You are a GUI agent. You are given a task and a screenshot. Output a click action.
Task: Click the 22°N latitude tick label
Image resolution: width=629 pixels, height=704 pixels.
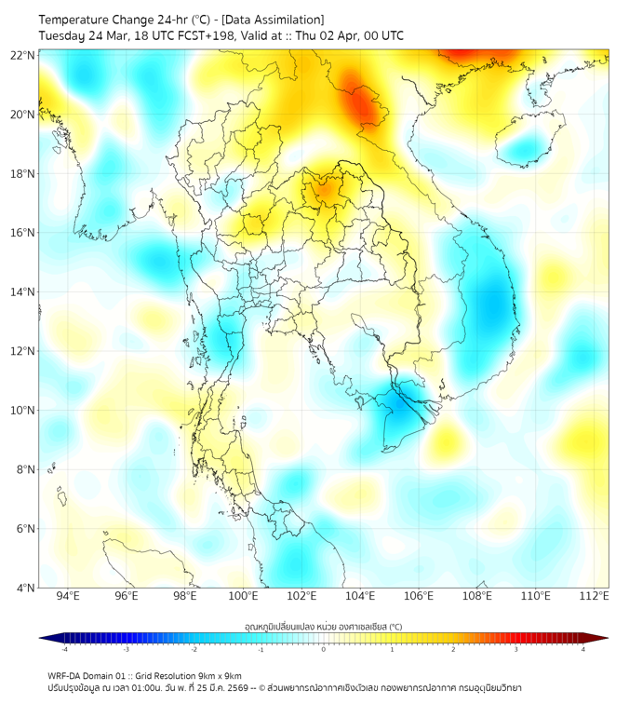point(23,55)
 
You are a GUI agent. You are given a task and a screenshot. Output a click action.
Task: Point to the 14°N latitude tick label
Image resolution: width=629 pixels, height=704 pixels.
point(23,292)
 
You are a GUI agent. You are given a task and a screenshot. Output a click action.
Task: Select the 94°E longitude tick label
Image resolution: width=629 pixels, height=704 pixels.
point(68,597)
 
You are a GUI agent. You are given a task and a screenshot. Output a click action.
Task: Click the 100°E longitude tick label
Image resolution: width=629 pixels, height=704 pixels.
point(244,597)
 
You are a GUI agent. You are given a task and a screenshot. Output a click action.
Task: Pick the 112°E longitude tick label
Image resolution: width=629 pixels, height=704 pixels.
point(595,597)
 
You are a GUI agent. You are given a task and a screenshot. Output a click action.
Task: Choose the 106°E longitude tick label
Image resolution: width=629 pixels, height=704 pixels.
point(419,597)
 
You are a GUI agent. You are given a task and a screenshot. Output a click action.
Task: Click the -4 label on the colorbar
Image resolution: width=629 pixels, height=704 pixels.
point(64,649)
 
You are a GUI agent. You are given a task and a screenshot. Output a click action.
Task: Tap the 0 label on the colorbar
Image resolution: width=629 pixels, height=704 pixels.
point(324,649)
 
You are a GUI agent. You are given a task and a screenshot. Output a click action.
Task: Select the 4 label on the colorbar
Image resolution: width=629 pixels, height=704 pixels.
point(583,649)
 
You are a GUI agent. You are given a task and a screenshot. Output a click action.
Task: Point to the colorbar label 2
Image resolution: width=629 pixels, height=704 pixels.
point(453,649)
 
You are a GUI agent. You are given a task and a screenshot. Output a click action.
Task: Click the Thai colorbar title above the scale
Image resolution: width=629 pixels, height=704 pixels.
point(323,626)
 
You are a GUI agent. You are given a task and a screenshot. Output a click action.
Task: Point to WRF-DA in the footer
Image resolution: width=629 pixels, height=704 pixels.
point(65,676)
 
